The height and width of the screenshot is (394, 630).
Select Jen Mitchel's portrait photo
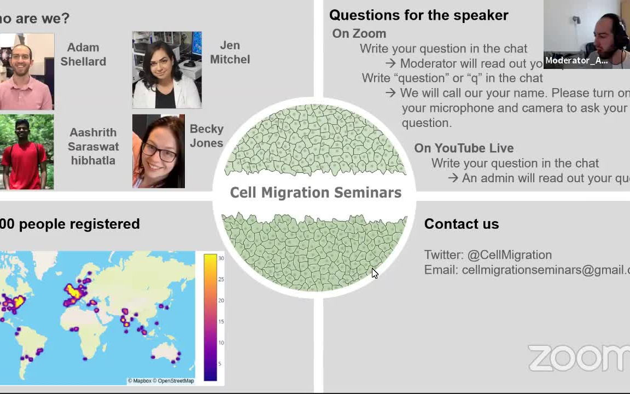point(167,70)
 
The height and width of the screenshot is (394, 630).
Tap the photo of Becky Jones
point(159,151)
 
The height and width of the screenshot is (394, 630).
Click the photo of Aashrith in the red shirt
point(26,152)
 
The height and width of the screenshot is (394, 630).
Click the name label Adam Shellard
point(83,55)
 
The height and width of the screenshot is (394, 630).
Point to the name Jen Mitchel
point(230,53)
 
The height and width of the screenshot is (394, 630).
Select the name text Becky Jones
point(206,136)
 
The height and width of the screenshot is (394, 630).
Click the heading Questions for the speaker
point(418,15)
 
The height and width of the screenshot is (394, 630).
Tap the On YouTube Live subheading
point(463,148)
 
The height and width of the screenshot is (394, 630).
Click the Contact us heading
point(461,224)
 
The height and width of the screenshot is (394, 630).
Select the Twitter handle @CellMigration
point(509,255)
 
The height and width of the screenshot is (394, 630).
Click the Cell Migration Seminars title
point(316,193)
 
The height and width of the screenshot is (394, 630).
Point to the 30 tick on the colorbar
point(221,258)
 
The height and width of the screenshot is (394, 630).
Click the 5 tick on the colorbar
point(220,364)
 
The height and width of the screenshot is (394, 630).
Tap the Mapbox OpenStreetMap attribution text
point(161,381)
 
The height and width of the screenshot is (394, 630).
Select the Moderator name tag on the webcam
point(576,61)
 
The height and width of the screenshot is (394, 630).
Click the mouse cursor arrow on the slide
point(374,273)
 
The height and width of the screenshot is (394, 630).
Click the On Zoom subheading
point(359,34)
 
